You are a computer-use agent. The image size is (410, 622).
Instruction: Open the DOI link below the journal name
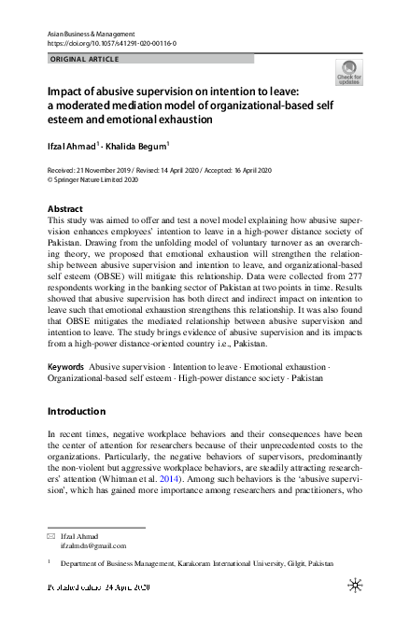click(x=110, y=44)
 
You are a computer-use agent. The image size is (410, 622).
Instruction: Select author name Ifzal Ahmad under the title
click(x=73, y=145)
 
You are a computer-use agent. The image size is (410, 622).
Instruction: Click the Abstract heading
click(x=64, y=209)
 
